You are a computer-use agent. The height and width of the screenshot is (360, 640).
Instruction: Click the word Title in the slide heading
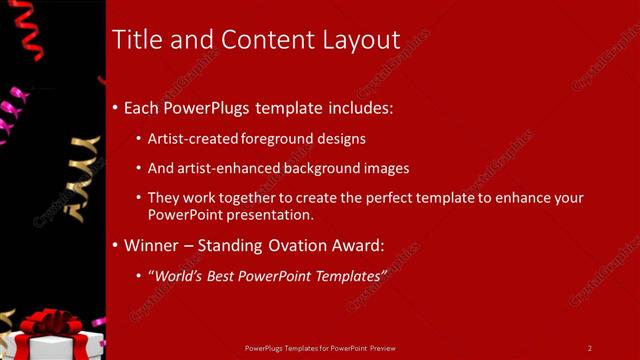[x=135, y=40]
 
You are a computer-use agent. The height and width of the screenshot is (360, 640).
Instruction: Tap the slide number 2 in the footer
[x=590, y=348]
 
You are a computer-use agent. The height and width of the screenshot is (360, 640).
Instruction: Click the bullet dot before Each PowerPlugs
[x=115, y=107]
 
